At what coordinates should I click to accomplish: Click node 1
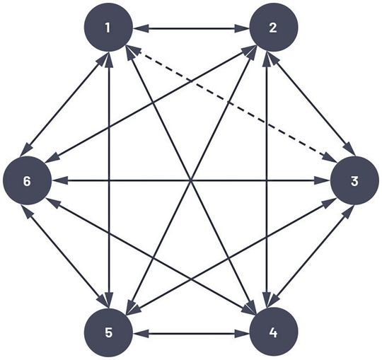(108, 28)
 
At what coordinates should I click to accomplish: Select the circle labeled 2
(274, 29)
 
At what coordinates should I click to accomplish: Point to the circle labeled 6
(27, 180)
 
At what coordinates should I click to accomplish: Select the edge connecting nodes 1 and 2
(191, 29)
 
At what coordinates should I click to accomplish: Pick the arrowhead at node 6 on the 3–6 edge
(57, 180)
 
